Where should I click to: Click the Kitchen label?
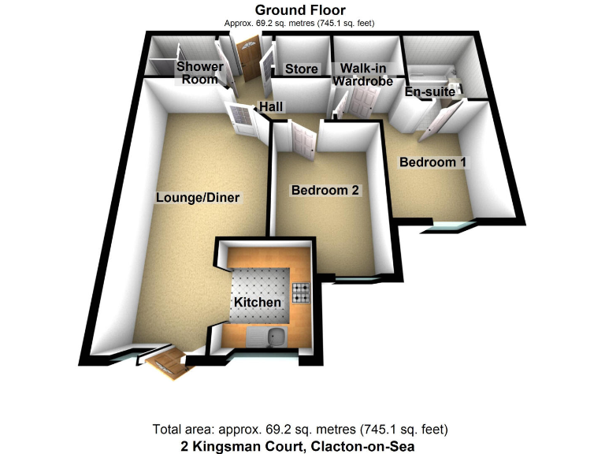pos(257,303)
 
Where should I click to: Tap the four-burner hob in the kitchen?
pos(302,293)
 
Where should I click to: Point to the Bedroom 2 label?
pos(325,191)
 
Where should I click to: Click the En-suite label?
pos(424,93)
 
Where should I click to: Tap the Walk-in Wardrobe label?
pos(362,75)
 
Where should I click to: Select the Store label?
pos(301,69)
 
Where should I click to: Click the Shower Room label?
pos(199,73)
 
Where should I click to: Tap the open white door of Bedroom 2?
pos(303,136)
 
